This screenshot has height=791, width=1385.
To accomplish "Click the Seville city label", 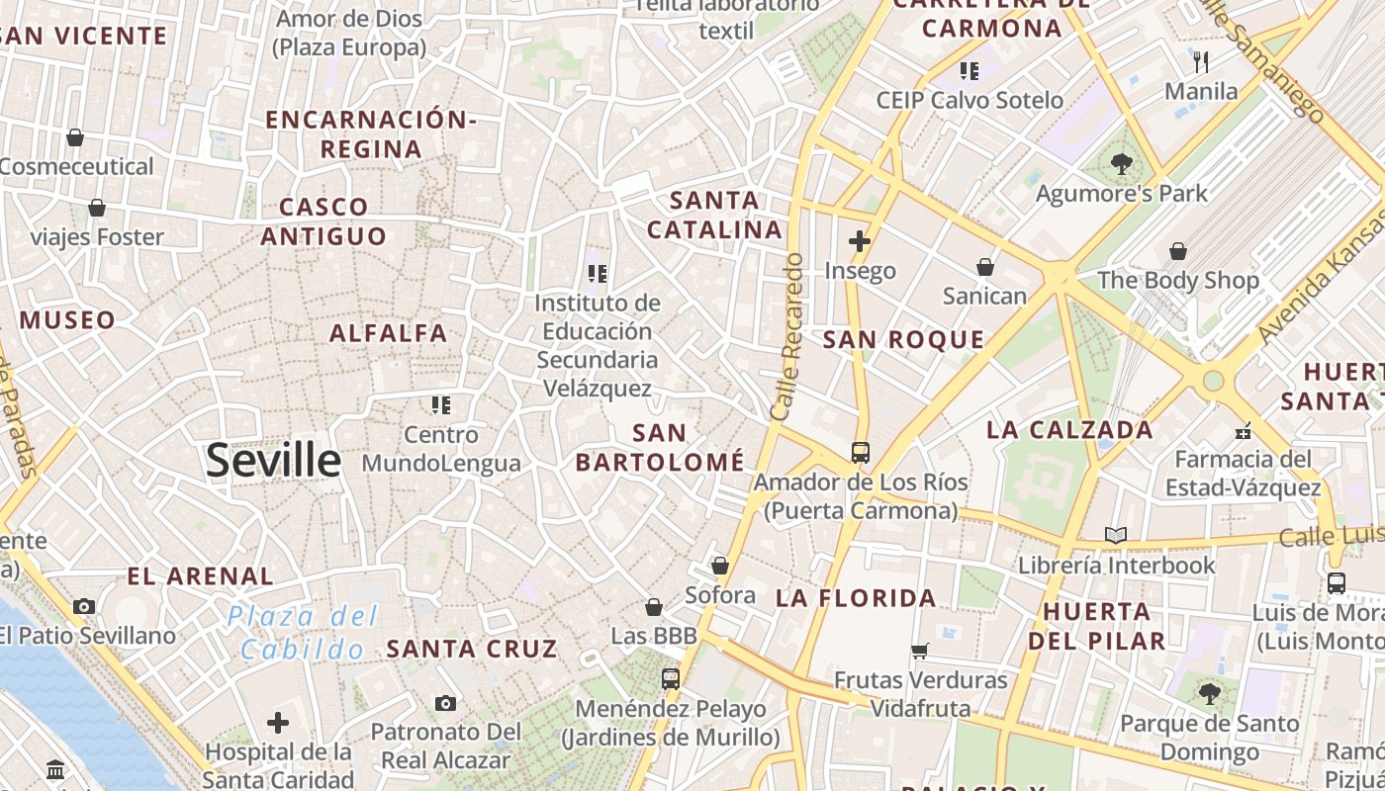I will [x=273, y=461].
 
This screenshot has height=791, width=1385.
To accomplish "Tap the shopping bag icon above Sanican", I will [x=984, y=267].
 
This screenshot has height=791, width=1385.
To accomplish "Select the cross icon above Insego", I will [x=859, y=241].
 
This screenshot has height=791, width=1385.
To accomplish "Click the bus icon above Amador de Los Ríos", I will [x=860, y=453].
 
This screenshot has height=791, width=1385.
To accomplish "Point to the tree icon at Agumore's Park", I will [x=1121, y=164].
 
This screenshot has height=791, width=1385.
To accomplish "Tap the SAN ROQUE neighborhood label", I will [x=903, y=340].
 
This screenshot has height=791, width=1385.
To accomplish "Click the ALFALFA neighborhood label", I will [x=388, y=333].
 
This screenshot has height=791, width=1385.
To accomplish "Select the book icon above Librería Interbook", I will [x=1115, y=536].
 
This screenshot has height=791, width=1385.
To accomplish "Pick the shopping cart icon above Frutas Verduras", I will [x=920, y=651].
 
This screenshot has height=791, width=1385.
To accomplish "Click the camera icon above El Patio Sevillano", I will [x=84, y=606].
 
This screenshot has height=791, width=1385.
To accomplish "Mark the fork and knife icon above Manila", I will [x=1201, y=62].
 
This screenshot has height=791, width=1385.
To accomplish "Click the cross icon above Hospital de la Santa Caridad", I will [x=278, y=723].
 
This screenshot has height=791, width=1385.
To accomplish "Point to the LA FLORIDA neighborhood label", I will [x=855, y=598].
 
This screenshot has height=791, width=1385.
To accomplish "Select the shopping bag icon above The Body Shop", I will [x=1177, y=252].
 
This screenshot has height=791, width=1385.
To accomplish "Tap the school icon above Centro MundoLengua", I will [x=440, y=404].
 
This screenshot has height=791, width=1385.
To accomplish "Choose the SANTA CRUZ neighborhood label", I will [x=472, y=650].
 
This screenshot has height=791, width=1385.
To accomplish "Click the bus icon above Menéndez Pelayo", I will [x=670, y=679].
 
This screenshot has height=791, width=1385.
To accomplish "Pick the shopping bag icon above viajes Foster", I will [x=97, y=208].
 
